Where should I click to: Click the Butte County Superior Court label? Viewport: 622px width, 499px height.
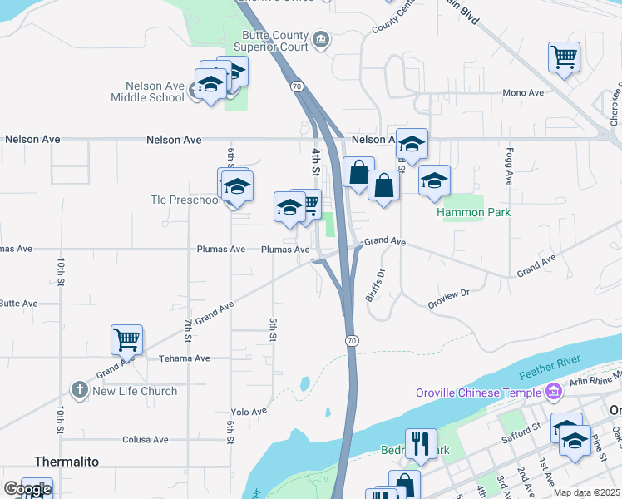click(274, 41)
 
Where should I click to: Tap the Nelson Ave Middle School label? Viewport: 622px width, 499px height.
click(147, 91)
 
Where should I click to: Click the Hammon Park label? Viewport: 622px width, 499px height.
click(474, 212)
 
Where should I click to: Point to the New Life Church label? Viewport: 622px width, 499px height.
click(135, 391)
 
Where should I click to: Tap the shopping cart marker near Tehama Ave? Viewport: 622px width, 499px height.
click(126, 339)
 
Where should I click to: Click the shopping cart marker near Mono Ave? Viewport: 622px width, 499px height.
click(564, 57)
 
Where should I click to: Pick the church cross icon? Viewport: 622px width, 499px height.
click(80, 390)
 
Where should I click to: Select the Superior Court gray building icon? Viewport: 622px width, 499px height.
click(321, 40)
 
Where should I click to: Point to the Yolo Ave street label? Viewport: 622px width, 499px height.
click(249, 412)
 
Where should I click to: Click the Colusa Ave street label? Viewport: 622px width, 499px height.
click(145, 440)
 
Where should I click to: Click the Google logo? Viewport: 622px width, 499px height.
click(27, 489)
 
